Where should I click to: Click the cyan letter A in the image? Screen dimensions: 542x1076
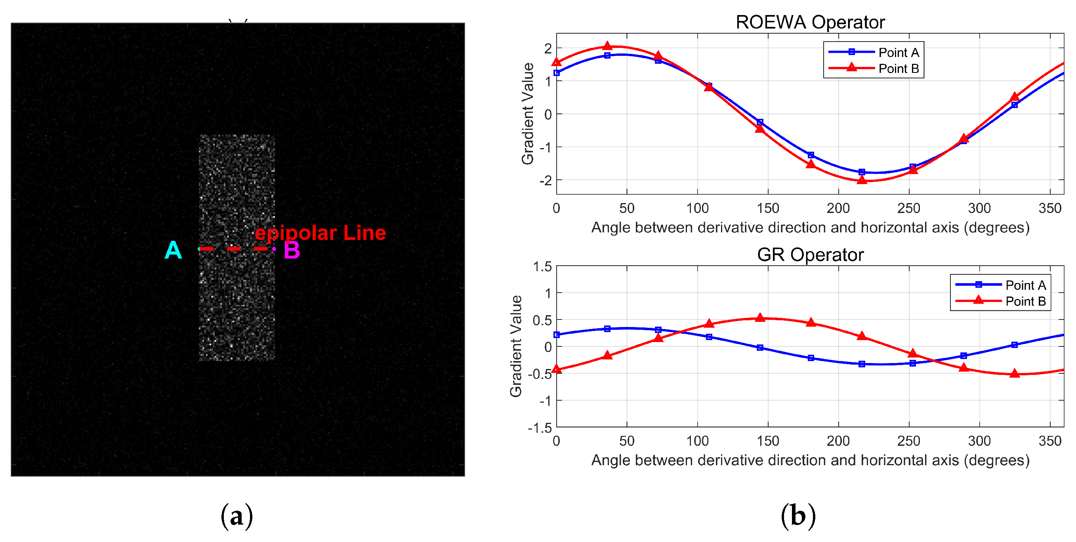pyautogui.click(x=173, y=250)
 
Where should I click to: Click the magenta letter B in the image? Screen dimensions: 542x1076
pyautogui.click(x=292, y=250)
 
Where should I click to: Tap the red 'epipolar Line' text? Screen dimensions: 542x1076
pyautogui.click(x=320, y=232)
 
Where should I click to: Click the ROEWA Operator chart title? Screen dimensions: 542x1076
pyautogui.click(x=810, y=22)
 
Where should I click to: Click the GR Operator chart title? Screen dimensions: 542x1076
pyautogui.click(x=810, y=255)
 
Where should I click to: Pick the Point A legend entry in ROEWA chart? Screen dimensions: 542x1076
pyautogui.click(x=898, y=53)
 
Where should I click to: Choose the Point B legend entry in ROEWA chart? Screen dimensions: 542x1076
pyautogui.click(x=898, y=68)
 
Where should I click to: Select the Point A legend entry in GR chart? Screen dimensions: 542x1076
pyautogui.click(x=1025, y=285)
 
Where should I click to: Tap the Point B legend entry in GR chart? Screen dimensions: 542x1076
pyautogui.click(x=1025, y=301)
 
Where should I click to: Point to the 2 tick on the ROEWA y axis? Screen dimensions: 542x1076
pyautogui.click(x=548, y=48)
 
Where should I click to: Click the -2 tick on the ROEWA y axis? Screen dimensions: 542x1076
pyautogui.click(x=545, y=181)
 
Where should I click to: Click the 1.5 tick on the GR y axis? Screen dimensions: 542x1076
pyautogui.click(x=542, y=266)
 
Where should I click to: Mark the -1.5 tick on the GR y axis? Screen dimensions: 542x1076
pyautogui.click(x=540, y=428)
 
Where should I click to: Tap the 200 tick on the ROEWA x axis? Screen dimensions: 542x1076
pyautogui.click(x=838, y=208)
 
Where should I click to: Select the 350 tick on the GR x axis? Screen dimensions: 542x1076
pyautogui.click(x=1050, y=441)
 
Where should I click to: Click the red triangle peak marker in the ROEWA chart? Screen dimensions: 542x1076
pyautogui.click(x=607, y=46)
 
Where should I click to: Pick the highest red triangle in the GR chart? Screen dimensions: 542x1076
pyautogui.click(x=760, y=318)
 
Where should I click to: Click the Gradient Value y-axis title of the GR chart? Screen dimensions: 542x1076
pyautogui.click(x=516, y=346)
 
